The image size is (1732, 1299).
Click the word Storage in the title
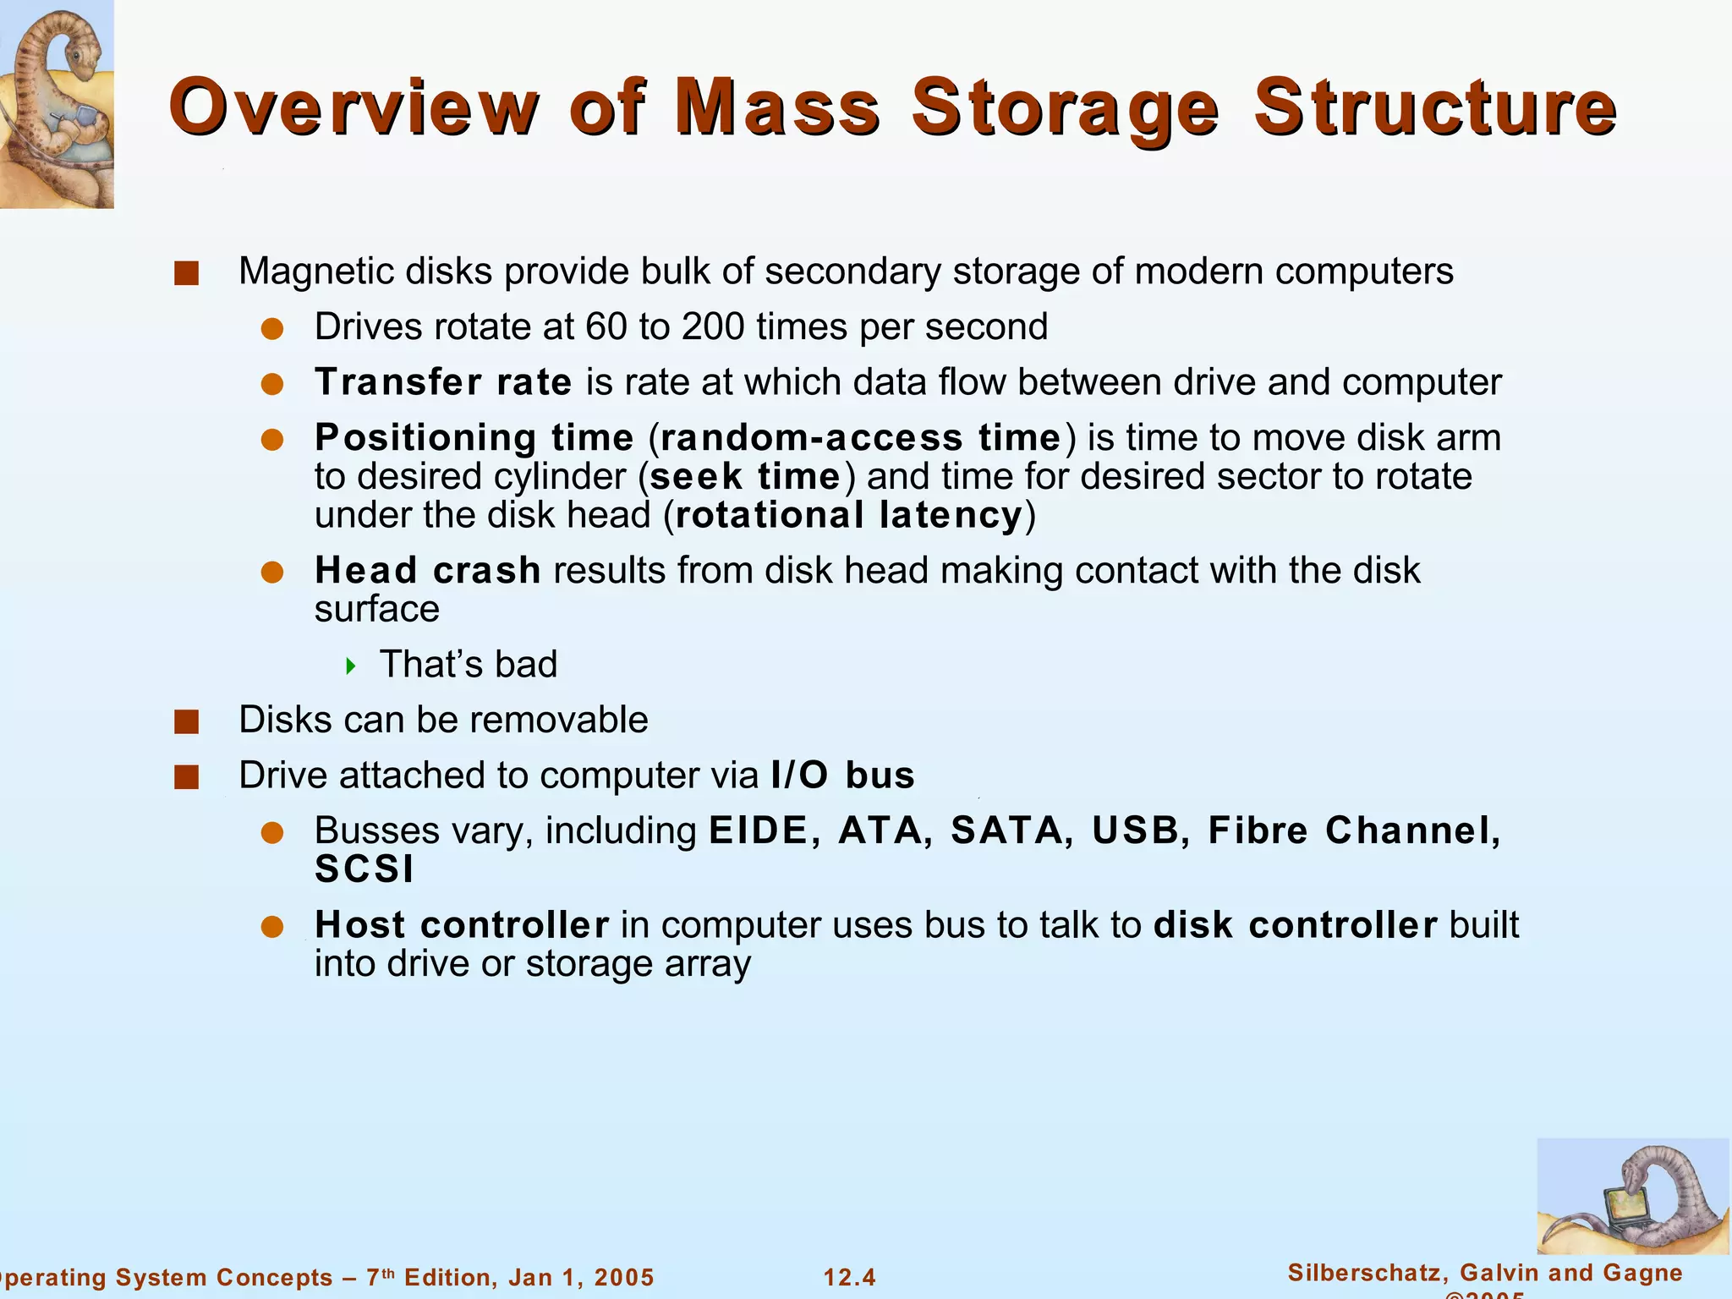pyautogui.click(x=1065, y=107)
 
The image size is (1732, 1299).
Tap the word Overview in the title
pyautogui.click(x=354, y=107)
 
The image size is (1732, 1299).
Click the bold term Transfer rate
pyautogui.click(x=443, y=382)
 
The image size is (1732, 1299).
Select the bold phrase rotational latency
pyautogui.click(x=849, y=515)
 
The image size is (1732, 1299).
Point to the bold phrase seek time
pyautogui.click(x=745, y=476)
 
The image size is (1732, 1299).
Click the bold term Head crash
pyautogui.click(x=427, y=570)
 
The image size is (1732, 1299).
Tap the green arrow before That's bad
pyautogui.click(x=352, y=666)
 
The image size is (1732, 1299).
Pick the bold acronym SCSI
pyautogui.click(x=364, y=869)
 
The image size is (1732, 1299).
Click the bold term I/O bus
pyautogui.click(x=842, y=775)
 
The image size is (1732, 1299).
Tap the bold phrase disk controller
pyautogui.click(x=1295, y=924)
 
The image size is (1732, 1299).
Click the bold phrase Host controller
pyautogui.click(x=462, y=924)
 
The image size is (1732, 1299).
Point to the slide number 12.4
pyautogui.click(x=850, y=1277)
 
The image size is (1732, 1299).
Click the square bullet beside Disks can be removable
pyautogui.click(x=186, y=721)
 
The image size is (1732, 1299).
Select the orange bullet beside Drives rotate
pyautogui.click(x=271, y=329)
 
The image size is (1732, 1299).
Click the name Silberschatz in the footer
pyautogui.click(x=1365, y=1273)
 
